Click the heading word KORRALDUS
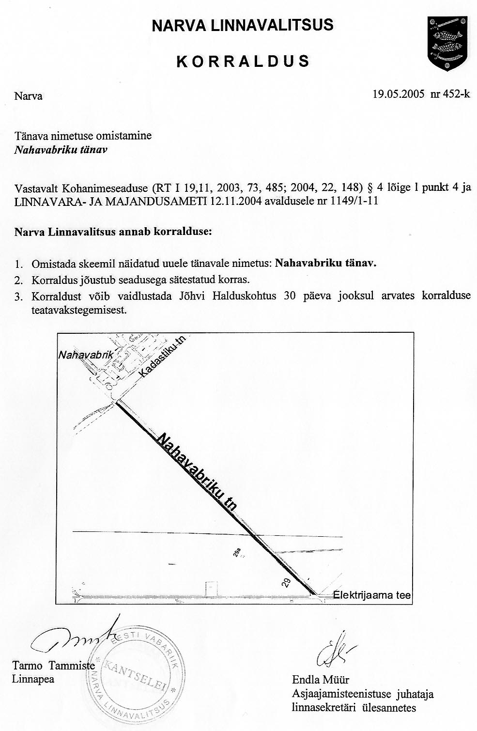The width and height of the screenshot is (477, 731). pyautogui.click(x=243, y=62)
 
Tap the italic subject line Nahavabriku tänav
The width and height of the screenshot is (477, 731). pyautogui.click(x=61, y=149)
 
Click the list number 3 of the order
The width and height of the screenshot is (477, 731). pyautogui.click(x=19, y=297)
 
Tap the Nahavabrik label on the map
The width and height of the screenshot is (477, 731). pyautogui.click(x=85, y=355)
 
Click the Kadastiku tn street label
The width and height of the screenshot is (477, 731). pyautogui.click(x=162, y=358)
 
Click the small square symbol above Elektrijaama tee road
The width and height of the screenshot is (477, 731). pyautogui.click(x=211, y=589)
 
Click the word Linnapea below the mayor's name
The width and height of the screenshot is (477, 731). pyautogui.click(x=32, y=679)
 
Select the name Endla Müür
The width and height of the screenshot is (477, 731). pyautogui.click(x=320, y=679)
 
